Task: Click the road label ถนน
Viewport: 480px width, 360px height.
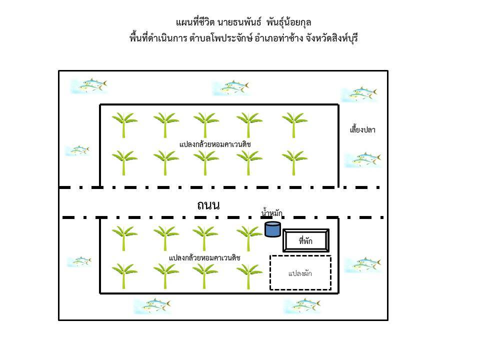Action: point(208,204)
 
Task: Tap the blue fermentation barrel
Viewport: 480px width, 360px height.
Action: point(272,229)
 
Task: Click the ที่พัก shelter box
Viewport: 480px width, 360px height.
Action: point(305,241)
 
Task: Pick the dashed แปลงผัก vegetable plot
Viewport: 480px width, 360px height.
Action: point(300,273)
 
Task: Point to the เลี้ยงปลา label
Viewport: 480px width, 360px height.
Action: point(362,130)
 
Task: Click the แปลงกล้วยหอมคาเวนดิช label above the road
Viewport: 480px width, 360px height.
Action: point(215,144)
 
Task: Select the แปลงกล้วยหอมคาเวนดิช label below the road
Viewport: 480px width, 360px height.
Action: point(204,257)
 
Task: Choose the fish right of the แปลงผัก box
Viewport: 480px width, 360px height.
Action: point(363,264)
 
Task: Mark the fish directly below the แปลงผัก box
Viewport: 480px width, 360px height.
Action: point(302,305)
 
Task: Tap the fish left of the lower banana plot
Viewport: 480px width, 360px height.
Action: point(79,261)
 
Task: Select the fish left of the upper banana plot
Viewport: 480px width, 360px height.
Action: point(77,150)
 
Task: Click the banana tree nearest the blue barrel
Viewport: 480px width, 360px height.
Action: point(249,237)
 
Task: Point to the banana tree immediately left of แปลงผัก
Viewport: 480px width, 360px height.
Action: point(249,275)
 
